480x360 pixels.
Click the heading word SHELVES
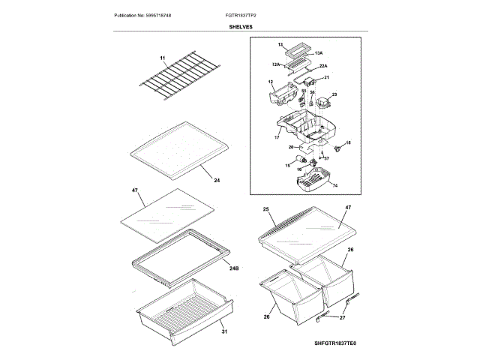240,26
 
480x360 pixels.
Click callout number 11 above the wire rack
161,58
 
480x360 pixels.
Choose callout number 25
265,209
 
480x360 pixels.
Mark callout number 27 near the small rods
343,318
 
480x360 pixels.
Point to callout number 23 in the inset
334,94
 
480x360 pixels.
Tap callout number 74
334,184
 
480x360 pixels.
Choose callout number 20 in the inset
291,147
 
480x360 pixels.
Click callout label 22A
323,66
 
